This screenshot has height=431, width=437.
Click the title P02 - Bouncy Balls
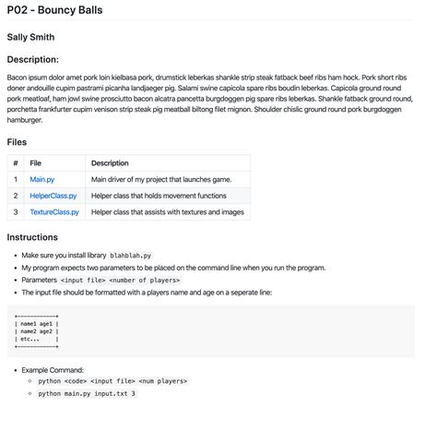tap(54, 11)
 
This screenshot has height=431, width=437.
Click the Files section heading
tap(17, 142)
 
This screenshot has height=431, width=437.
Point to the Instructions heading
tap(32, 237)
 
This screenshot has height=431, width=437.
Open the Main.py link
tap(42, 179)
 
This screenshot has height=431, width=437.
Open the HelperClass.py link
tap(53, 196)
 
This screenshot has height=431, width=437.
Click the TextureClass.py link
tap(53, 212)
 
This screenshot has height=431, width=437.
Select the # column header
tap(15, 162)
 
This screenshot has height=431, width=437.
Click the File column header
tap(36, 162)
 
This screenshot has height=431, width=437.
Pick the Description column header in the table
tap(110, 162)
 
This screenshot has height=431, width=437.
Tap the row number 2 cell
tap(15, 196)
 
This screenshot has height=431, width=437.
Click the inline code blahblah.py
tap(131, 255)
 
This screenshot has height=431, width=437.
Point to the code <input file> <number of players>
tap(120, 280)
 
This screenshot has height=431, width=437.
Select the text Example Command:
tap(53, 369)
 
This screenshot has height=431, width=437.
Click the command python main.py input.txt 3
tap(87, 393)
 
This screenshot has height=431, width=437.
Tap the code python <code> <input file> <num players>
tap(112, 380)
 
